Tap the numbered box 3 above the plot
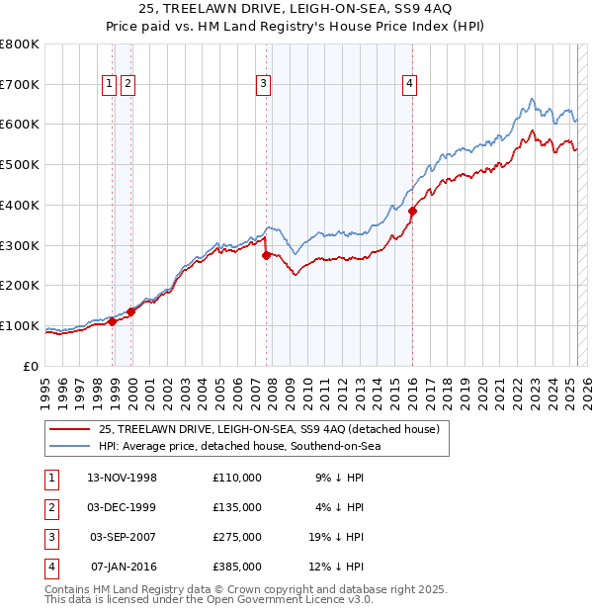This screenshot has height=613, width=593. (x=264, y=85)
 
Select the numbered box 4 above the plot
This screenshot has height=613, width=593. (x=408, y=85)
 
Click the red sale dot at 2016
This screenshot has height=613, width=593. (x=413, y=211)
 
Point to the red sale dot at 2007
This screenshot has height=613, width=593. (x=266, y=255)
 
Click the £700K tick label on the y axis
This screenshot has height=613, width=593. (x=19, y=85)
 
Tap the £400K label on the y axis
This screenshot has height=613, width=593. (x=19, y=206)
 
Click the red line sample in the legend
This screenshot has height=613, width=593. (x=70, y=428)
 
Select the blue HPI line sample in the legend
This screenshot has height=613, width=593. (x=70, y=446)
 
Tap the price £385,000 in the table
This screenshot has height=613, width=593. (x=237, y=567)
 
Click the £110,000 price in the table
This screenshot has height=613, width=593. (x=237, y=478)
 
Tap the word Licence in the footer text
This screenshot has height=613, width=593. (x=320, y=600)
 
